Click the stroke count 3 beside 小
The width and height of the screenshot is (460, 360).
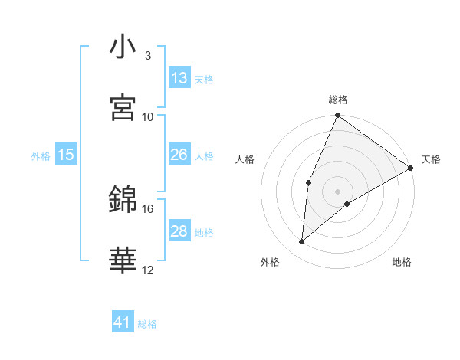point(147,56)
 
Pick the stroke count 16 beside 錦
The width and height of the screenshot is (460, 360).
point(148,208)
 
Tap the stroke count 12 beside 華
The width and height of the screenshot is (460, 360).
point(148,270)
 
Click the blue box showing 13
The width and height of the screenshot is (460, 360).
point(179,78)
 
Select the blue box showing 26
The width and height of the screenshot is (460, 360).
point(179,155)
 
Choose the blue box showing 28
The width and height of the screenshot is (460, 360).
point(179,231)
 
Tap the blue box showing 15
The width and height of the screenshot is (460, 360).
point(66,155)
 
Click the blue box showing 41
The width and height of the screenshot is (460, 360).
point(123,323)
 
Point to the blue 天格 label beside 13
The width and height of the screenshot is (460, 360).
point(204,80)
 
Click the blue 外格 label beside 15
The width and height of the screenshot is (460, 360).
point(41,156)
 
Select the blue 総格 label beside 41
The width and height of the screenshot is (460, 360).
point(147,325)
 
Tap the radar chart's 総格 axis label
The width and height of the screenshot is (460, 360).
point(338,100)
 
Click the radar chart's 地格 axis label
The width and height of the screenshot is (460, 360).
point(402,262)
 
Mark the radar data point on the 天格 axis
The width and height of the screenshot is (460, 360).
point(411,168)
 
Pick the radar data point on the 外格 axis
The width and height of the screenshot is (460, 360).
point(302,242)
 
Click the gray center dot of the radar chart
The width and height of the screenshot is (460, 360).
point(338,191)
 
